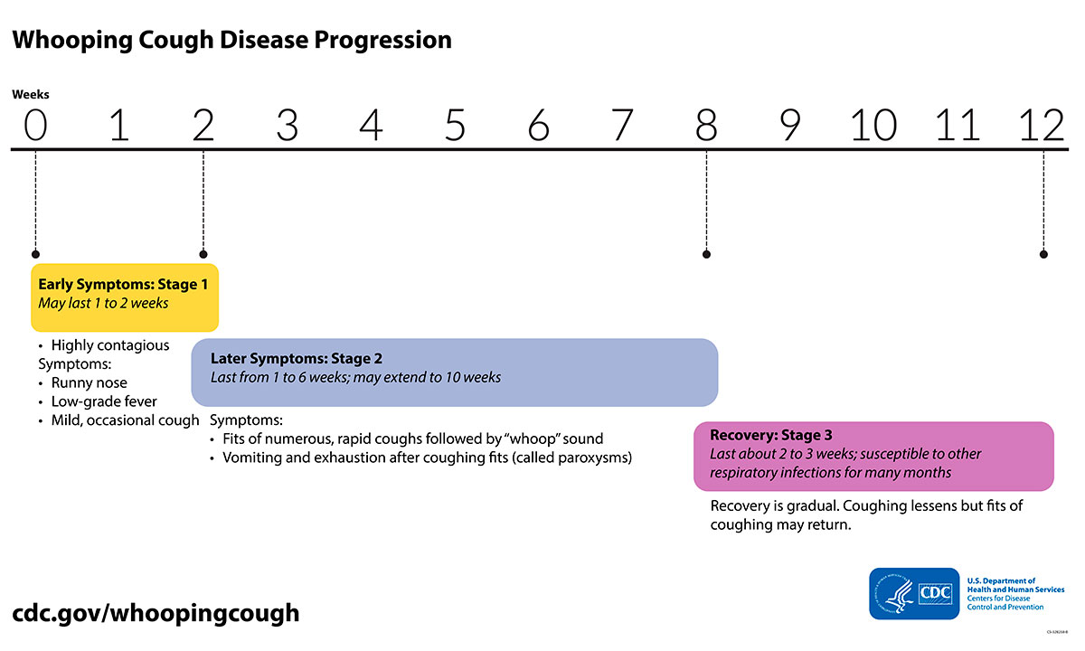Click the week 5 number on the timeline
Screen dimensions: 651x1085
[455, 126]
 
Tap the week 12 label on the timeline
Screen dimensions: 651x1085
[1042, 126]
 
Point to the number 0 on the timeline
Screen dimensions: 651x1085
[34, 126]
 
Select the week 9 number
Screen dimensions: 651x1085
[790, 126]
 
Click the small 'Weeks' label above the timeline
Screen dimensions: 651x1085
[31, 94]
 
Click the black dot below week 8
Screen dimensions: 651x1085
[706, 254]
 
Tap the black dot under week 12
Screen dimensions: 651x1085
[1044, 254]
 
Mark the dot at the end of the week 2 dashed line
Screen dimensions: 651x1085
[203, 254]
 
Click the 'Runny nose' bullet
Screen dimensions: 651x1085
[89, 382]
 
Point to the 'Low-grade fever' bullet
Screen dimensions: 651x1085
[104, 401]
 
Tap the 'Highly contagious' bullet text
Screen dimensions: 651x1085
[109, 345]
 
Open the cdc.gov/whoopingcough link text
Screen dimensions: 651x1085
[156, 612]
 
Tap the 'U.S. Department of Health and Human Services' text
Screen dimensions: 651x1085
[1014, 585]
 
